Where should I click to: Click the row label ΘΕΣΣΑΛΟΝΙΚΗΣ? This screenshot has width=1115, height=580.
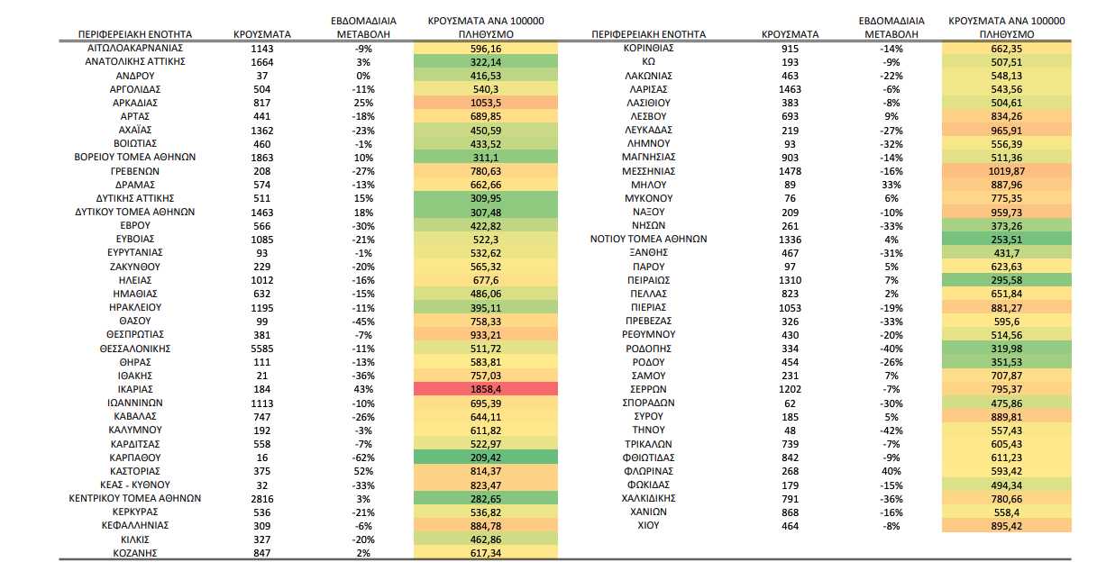[x=135, y=349]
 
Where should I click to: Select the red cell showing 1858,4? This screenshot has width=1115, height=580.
[x=485, y=389]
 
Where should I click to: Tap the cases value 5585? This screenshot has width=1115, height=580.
[x=261, y=349]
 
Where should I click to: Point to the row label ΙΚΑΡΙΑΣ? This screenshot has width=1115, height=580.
[x=135, y=389]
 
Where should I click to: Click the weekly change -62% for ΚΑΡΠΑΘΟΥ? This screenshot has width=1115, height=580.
[x=363, y=458]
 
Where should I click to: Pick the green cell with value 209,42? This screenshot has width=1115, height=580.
[x=485, y=458]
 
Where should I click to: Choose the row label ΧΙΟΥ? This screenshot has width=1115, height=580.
[x=648, y=525]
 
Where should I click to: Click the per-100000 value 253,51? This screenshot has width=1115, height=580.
[x=1006, y=240]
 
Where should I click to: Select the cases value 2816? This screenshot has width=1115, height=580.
[x=261, y=499]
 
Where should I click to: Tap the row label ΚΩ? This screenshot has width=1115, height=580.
[x=648, y=61]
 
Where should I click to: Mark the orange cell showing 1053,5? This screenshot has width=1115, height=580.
[x=485, y=103]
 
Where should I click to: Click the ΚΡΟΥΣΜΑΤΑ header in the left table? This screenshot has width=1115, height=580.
[x=261, y=34]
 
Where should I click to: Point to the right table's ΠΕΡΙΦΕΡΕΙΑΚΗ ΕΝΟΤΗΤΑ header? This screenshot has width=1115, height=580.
[x=648, y=34]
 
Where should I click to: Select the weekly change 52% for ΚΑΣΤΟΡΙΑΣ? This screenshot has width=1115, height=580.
[x=363, y=471]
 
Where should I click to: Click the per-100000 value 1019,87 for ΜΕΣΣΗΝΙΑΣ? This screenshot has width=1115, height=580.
[x=1006, y=171]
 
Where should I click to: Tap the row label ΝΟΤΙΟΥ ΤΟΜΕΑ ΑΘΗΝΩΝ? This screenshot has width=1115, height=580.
[x=648, y=240]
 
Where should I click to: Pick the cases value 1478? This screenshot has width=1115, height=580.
[x=790, y=171]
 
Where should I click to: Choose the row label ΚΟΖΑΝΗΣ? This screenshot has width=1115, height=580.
[x=135, y=553]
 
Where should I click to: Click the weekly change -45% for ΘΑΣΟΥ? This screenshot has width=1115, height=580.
[x=363, y=322]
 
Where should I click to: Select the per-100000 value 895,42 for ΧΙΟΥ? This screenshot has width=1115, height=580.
[x=1006, y=526]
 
